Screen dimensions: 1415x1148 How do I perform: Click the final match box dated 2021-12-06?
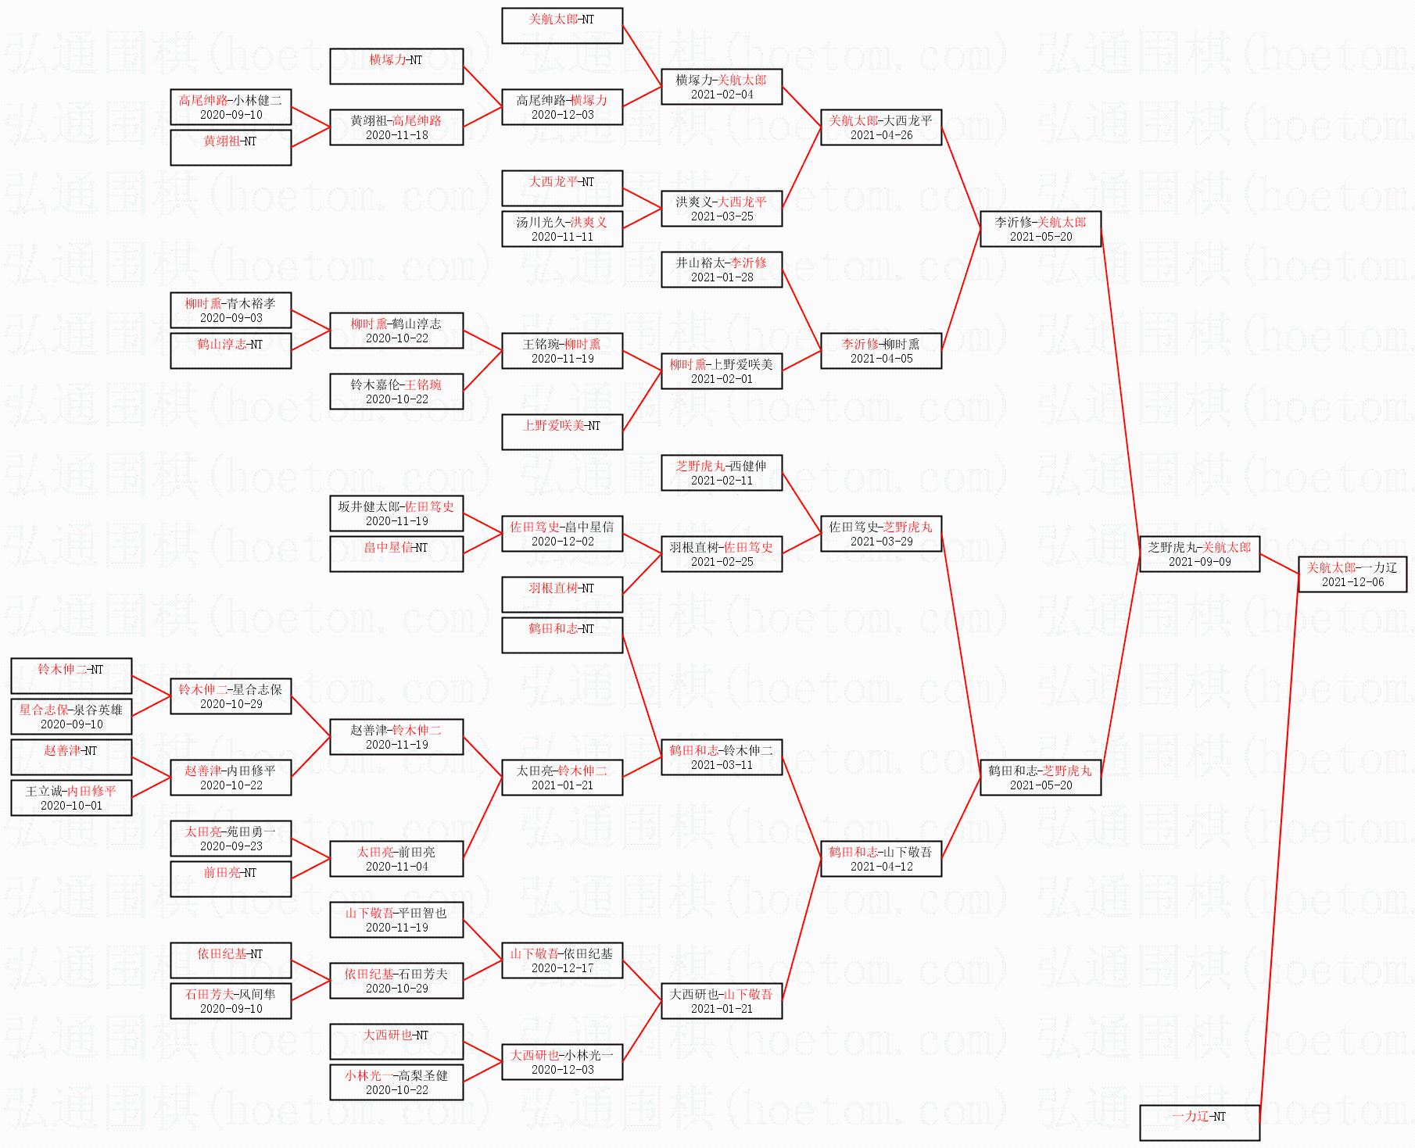point(1352,574)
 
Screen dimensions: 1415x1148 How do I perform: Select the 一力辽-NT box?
point(1199,1123)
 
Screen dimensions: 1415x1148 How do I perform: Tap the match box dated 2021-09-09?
point(1199,554)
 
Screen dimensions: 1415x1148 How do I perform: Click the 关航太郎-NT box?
point(562,26)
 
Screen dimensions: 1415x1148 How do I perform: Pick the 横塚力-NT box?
point(396,66)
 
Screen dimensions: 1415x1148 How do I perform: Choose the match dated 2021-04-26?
point(881,127)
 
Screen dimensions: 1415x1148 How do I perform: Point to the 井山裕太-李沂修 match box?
point(722,270)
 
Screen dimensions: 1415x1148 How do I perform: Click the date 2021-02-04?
point(722,95)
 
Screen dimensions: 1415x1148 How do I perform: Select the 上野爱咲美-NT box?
point(562,432)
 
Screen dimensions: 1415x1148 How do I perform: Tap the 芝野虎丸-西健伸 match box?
point(722,473)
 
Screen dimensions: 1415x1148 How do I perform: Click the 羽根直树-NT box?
point(562,595)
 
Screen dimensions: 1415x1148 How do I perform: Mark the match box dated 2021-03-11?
point(722,757)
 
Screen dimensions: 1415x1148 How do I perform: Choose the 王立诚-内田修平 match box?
point(71,798)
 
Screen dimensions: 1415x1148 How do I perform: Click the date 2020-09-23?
point(231,846)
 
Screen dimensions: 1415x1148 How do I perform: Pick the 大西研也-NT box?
point(396,1042)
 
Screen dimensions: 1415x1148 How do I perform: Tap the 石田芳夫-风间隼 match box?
point(231,1001)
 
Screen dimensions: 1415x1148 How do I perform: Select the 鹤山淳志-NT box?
point(231,351)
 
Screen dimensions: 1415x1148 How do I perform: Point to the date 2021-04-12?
point(881,867)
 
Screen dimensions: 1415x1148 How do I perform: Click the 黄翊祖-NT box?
point(231,148)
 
